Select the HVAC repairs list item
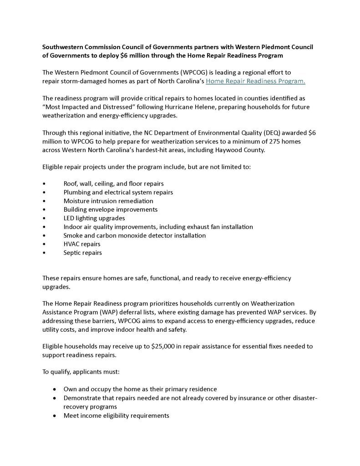pyautogui.click(x=82, y=244)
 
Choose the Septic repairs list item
pyautogui.click(x=82, y=253)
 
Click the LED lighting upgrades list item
pyautogui.click(x=94, y=218)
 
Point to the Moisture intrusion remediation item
pyautogui.click(x=108, y=201)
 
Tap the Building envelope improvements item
pyautogui.click(x=110, y=209)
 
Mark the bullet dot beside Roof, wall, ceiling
pyautogui.click(x=44, y=183)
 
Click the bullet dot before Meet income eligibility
pyautogui.click(x=55, y=415)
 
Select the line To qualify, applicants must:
pyautogui.click(x=81, y=372)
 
